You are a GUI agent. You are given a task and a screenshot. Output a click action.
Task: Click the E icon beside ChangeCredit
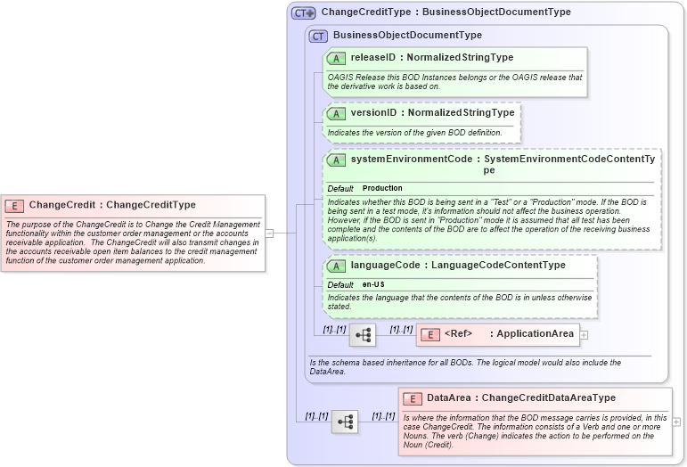pos(17,205)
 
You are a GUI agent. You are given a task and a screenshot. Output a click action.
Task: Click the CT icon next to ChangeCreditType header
pos(304,13)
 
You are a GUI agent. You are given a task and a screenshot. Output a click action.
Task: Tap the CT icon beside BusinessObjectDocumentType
pos(318,36)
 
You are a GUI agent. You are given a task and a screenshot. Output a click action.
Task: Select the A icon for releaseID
pos(336,58)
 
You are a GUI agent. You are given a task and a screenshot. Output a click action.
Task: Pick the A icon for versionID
pos(336,113)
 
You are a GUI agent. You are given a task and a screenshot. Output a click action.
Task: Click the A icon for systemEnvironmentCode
pos(336,160)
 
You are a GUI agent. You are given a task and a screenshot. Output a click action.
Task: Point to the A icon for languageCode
pos(336,266)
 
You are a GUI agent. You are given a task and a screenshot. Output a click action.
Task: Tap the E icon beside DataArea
pos(413,398)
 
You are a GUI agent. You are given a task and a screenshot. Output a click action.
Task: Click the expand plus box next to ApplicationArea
pos(584,335)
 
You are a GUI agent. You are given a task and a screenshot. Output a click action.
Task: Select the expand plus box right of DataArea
pos(677,422)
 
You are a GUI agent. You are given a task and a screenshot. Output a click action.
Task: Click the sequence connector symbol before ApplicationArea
pos(363,335)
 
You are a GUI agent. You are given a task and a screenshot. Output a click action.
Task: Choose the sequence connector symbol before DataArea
pos(345,422)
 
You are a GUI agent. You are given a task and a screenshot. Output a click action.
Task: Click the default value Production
pos(382,189)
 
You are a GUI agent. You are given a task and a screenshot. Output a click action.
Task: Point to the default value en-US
pos(373,284)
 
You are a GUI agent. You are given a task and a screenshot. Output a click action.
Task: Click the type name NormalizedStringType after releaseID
pos(460,58)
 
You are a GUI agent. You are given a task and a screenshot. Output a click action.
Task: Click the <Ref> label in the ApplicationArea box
pos(458,334)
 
